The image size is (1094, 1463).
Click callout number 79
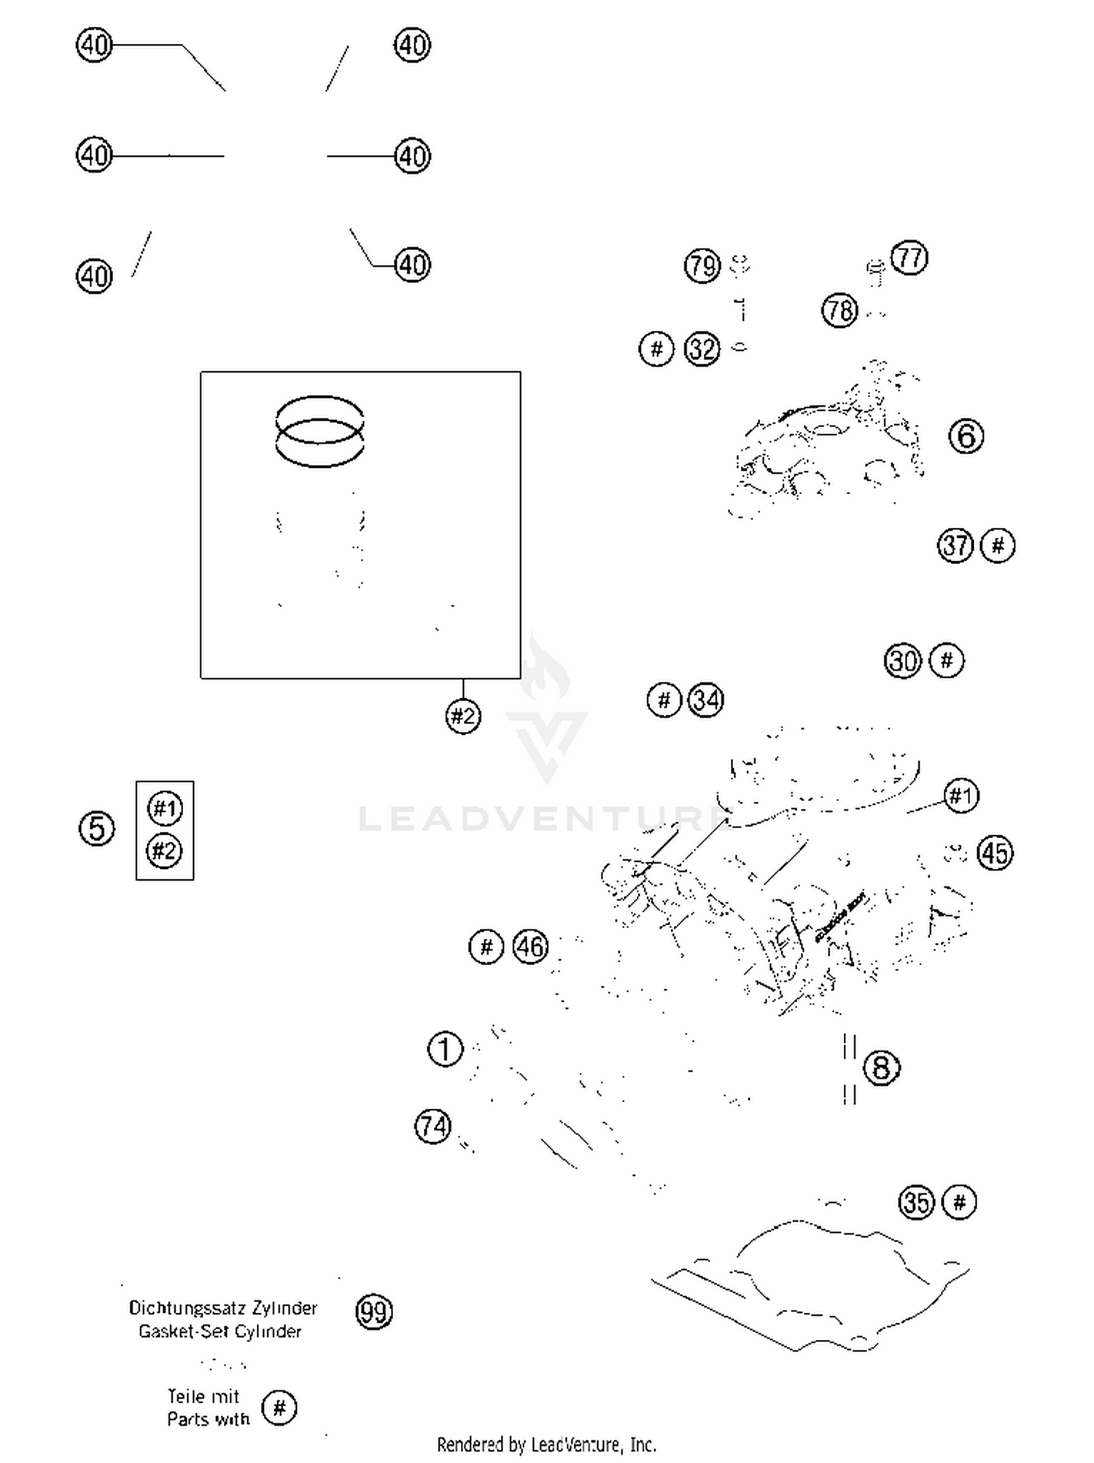702,266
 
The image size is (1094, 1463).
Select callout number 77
909,258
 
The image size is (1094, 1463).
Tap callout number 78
839,311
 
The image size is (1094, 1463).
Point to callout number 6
966,436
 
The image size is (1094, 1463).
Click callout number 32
702,349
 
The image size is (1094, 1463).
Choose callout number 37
955,545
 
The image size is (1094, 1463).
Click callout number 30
903,661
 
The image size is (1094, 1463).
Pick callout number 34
706,701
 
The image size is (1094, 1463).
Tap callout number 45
996,853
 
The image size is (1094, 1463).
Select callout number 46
530,947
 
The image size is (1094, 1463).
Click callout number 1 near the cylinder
445,1050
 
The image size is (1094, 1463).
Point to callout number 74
432,1126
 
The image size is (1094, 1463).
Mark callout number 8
881,1068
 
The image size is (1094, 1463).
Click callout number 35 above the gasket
916,1202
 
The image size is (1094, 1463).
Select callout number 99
373,1311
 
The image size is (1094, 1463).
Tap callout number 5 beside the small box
96,829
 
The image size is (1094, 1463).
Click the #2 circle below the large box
463,716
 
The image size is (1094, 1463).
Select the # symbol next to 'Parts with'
279,1408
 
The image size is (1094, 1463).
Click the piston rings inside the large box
319,432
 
